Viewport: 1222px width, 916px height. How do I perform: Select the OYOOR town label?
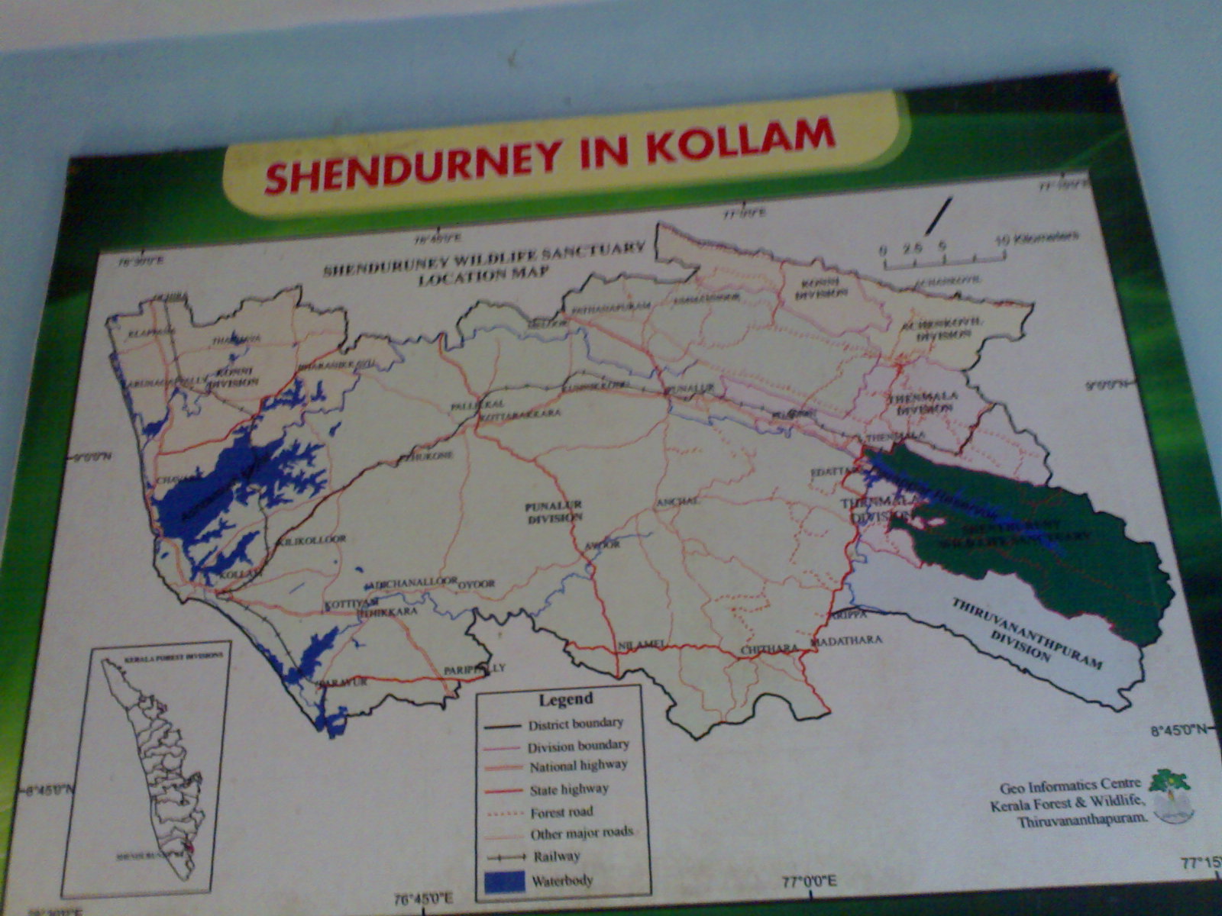477,584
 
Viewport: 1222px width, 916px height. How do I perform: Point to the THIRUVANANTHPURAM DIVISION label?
1023,630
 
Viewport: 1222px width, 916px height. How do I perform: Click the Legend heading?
565,698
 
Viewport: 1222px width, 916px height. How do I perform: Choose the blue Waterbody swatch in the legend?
505,881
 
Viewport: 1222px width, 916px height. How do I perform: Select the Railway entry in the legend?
557,856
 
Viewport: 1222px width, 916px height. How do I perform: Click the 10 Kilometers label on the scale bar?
1038,237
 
